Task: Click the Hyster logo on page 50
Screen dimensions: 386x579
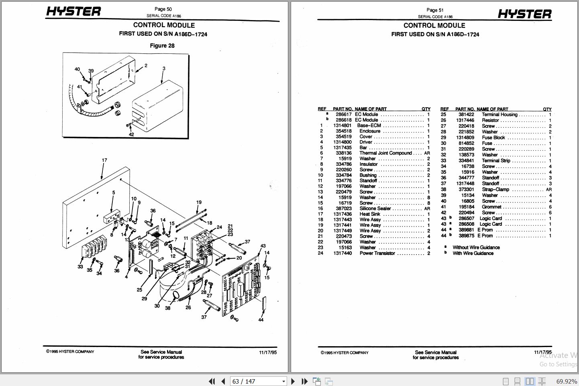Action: tap(73, 12)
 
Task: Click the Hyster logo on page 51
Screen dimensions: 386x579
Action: tap(524, 14)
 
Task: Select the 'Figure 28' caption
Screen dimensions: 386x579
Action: tap(162, 46)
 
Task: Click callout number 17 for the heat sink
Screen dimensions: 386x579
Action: tap(104, 160)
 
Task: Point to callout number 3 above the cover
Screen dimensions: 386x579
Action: tap(164, 69)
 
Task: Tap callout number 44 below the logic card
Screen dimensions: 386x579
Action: tap(261, 320)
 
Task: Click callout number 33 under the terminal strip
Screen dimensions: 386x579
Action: tap(80, 267)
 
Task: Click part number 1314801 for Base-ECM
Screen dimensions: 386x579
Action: tap(342, 125)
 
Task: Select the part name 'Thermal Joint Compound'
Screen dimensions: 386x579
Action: tap(385, 153)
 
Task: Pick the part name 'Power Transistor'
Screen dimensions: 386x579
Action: tap(377, 253)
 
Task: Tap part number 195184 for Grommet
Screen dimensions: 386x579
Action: tap(466, 207)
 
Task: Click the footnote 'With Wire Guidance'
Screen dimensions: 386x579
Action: tap(473, 253)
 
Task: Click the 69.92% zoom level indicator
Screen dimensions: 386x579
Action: tap(566, 381)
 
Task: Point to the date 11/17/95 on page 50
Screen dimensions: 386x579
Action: tap(268, 352)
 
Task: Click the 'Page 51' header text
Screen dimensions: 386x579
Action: tap(435, 10)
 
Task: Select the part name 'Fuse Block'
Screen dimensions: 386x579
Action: tap(493, 137)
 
